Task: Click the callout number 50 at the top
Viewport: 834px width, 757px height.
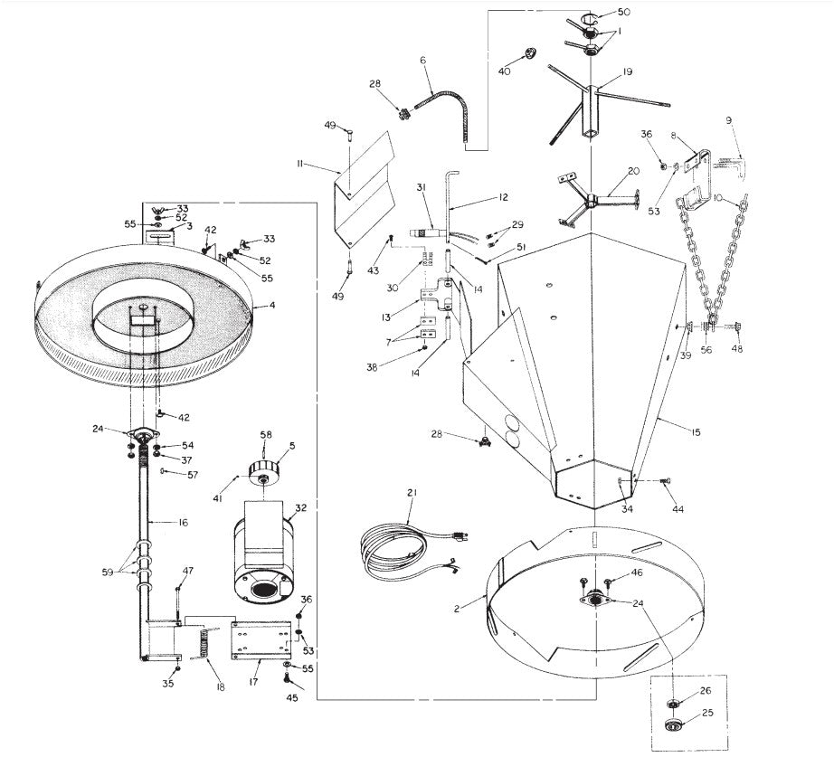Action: tap(623, 12)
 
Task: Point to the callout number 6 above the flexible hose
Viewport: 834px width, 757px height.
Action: tap(422, 61)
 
